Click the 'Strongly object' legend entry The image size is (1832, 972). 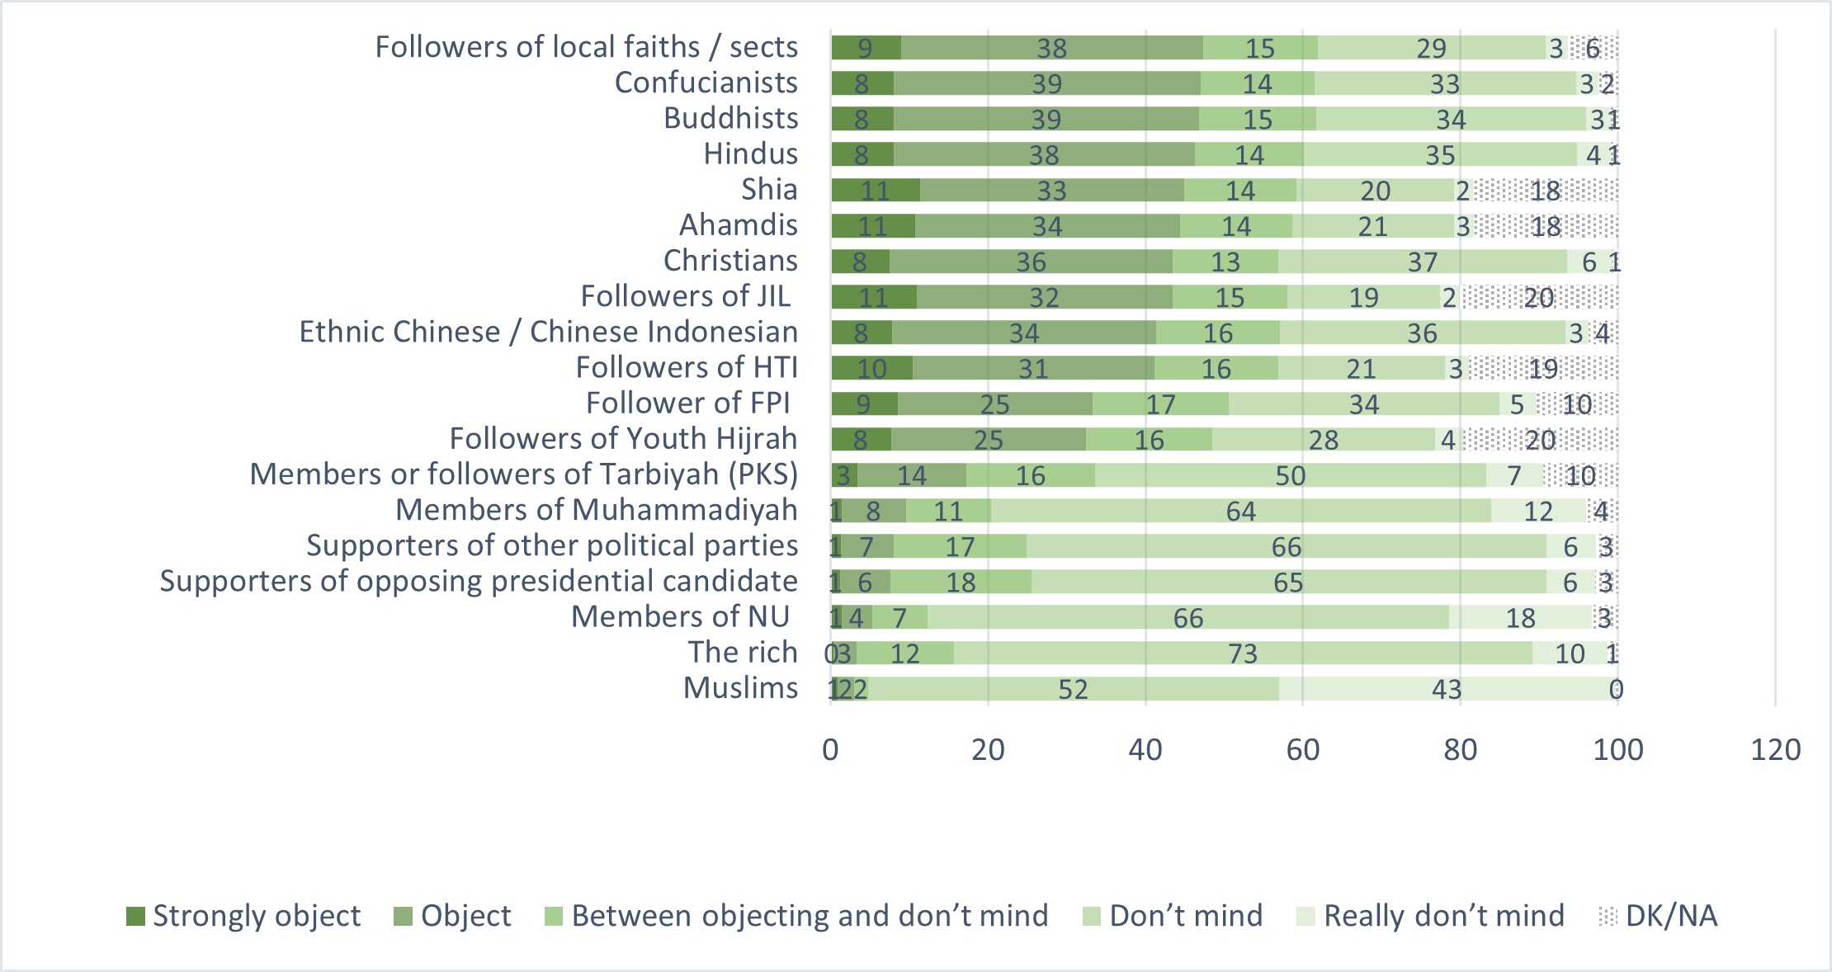(244, 916)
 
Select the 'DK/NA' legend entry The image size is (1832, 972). (1659, 916)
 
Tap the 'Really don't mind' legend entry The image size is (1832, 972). (1431, 916)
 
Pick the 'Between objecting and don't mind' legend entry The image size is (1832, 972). (797, 916)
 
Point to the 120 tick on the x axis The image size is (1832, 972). (1775, 750)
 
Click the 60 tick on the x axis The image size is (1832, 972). (1302, 750)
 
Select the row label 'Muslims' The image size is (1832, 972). (740, 688)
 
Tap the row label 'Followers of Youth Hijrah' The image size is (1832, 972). (623, 439)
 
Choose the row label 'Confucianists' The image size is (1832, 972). (706, 83)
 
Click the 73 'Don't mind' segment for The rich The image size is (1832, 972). (1243, 654)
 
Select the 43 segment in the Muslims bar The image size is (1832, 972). (1447, 689)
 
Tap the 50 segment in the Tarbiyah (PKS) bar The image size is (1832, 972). (1291, 476)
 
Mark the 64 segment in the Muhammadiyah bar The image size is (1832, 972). (1240, 512)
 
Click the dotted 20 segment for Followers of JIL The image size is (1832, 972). (1539, 298)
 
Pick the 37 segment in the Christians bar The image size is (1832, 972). (1423, 262)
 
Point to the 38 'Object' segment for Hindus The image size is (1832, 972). (1044, 155)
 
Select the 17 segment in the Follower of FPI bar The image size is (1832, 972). (1160, 404)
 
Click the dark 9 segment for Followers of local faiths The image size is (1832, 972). (866, 48)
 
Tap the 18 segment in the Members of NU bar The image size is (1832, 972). (1520, 618)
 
